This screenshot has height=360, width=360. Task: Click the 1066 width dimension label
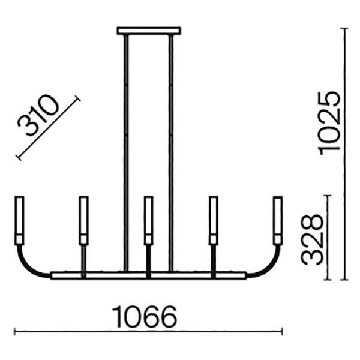click(x=145, y=317)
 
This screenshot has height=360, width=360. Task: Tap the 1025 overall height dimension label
click(x=328, y=124)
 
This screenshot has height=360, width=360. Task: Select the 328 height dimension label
click(x=312, y=239)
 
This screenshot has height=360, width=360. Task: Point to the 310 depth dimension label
click(x=38, y=115)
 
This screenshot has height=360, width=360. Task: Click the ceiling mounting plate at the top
click(x=149, y=31)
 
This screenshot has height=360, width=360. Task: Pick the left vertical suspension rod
click(x=126, y=153)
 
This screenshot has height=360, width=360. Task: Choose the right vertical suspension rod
click(x=171, y=153)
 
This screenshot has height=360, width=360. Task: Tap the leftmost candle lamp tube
click(x=19, y=220)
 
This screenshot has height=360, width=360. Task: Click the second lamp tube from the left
click(x=83, y=220)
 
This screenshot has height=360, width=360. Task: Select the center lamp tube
click(x=149, y=220)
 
